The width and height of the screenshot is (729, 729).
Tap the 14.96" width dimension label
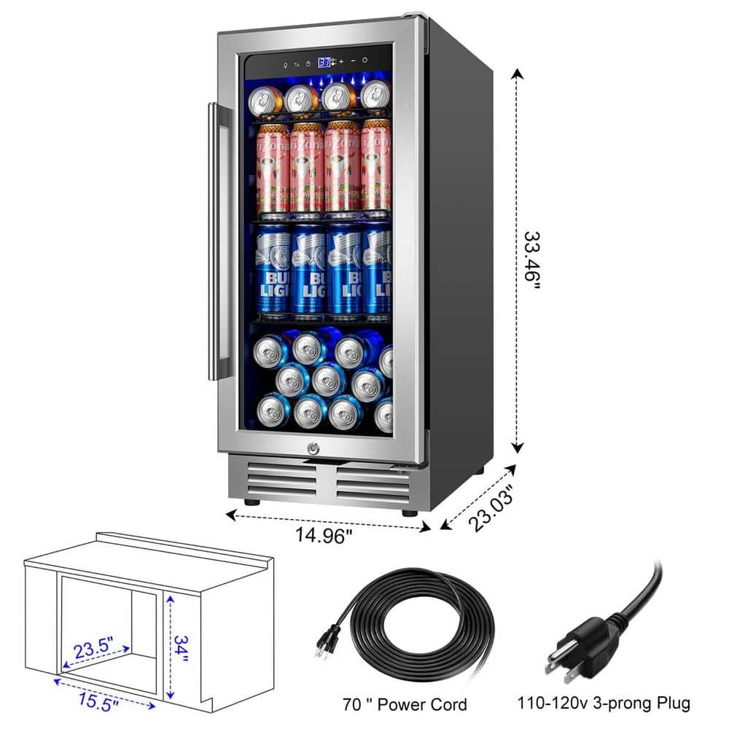coord(324,536)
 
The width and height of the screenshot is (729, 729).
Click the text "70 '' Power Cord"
coord(405,705)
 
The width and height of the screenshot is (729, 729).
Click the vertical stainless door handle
coord(217,241)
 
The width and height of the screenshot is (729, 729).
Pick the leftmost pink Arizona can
coord(273,169)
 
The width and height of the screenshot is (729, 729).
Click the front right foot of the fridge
coord(409,512)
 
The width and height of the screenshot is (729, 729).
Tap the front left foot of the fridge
coord(252,502)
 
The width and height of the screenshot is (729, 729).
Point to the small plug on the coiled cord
coord(326,642)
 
